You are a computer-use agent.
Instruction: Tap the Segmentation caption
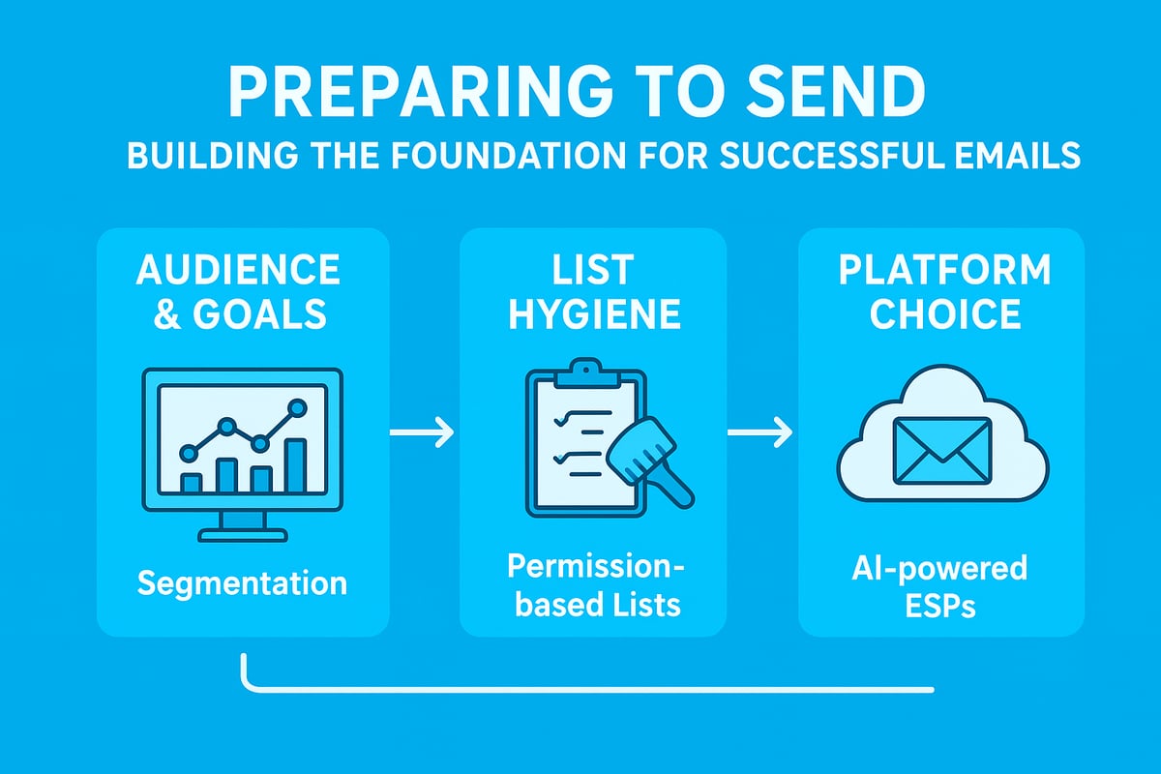241,583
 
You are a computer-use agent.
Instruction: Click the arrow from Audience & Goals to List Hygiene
422,432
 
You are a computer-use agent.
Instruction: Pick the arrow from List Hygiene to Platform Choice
760,432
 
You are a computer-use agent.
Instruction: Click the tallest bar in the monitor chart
295,466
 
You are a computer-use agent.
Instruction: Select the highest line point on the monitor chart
298,407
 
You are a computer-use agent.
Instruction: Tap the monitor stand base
241,534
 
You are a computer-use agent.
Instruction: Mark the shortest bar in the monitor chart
192,483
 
